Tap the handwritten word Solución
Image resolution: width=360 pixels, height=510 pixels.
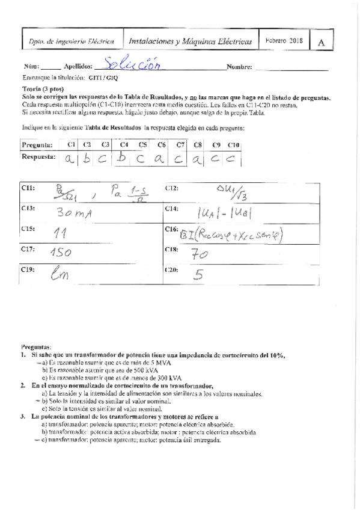pyautogui.click(x=133, y=64)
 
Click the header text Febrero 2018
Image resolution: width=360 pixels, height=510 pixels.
pyautogui.click(x=284, y=41)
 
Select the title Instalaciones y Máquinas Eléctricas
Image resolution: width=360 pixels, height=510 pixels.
pyautogui.click(x=191, y=41)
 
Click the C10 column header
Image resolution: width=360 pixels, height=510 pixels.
pyautogui.click(x=234, y=145)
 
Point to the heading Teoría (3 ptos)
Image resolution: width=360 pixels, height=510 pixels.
pyautogui.click(x=43, y=89)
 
